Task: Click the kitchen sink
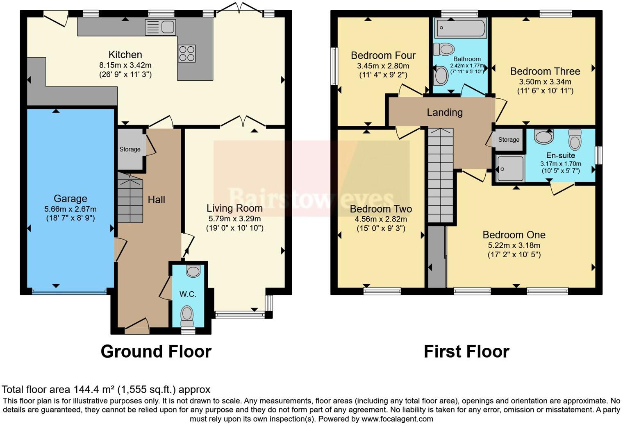pyautogui.click(x=161, y=27)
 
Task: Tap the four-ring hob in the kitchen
pyautogui.click(x=186, y=53)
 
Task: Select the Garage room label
pyautogui.click(x=70, y=199)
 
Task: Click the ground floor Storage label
pyautogui.click(x=130, y=150)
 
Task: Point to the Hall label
pyautogui.click(x=156, y=199)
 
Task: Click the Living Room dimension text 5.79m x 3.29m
pyautogui.click(x=234, y=219)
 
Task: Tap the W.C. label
pyautogui.click(x=188, y=294)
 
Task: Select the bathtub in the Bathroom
pyautogui.click(x=461, y=28)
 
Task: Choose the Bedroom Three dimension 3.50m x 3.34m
pyautogui.click(x=545, y=82)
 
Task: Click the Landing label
pyautogui.click(x=444, y=112)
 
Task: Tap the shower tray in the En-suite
pyautogui.click(x=510, y=168)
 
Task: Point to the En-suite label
pyautogui.click(x=560, y=155)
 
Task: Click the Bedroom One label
pyautogui.click(x=514, y=235)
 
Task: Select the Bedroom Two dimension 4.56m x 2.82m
pyautogui.click(x=380, y=219)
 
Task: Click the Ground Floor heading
pyautogui.click(x=156, y=351)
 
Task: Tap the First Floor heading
pyautogui.click(x=466, y=351)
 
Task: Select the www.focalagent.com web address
pyautogui.click(x=397, y=419)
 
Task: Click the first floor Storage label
pyautogui.click(x=509, y=140)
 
